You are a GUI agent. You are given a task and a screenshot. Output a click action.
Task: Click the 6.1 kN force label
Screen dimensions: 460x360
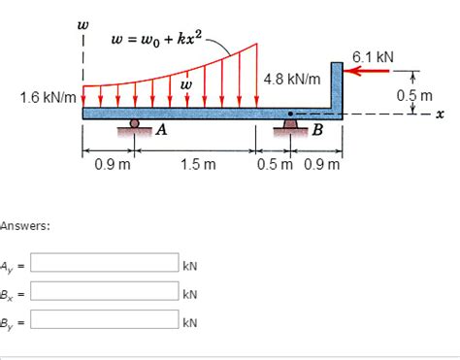(373, 57)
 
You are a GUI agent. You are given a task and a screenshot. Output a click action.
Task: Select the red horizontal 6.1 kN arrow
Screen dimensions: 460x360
(366, 71)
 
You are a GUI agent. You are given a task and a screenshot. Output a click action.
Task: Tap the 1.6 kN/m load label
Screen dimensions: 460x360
(49, 97)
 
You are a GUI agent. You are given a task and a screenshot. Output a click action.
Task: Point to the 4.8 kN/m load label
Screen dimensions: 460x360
(292, 79)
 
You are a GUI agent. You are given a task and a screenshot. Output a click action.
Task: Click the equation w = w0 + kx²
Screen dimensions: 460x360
(156, 40)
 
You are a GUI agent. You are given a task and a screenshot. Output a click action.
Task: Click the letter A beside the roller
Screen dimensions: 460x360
(161, 130)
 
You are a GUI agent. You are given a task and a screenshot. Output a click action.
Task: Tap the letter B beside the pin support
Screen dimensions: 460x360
(317, 130)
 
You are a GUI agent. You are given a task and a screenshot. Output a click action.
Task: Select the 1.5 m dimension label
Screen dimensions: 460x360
(198, 165)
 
